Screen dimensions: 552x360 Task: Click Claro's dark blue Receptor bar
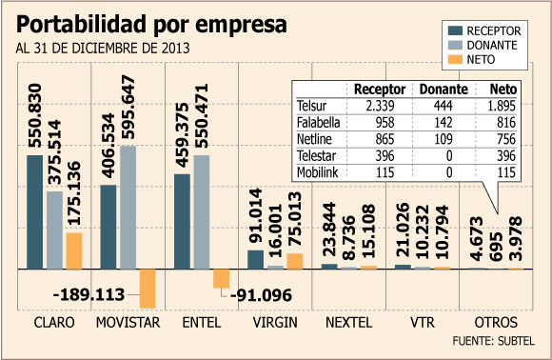point(35,212)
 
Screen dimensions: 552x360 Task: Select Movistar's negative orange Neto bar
point(148,289)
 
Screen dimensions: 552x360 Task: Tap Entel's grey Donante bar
point(202,212)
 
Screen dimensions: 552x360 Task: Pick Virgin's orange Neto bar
point(295,261)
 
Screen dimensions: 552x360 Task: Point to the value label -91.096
point(261,295)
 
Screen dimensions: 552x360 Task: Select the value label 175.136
point(73,193)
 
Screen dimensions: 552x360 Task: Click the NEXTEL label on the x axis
point(348,322)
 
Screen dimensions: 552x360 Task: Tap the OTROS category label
point(496,322)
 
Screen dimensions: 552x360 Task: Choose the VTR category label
point(423,322)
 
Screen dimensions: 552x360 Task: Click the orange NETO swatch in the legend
point(455,60)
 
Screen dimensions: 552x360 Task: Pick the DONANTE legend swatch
point(455,45)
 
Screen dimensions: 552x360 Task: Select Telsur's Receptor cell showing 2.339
point(380,106)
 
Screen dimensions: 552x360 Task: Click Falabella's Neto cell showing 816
point(506,122)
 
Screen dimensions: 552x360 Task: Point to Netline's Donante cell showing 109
point(444,139)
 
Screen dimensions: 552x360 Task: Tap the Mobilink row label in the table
point(317,172)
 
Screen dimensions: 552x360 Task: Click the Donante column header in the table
point(444,90)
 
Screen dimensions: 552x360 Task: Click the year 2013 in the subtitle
point(176,49)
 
